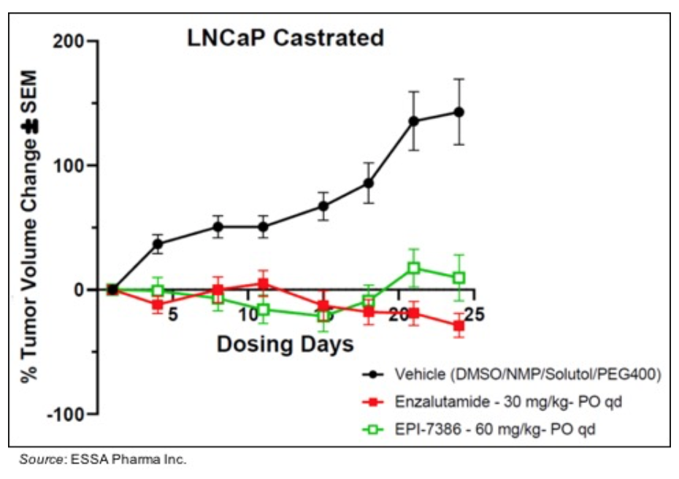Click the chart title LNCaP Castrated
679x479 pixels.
click(x=283, y=37)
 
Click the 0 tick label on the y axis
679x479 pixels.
click(x=83, y=290)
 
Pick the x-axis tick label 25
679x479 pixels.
click(x=472, y=315)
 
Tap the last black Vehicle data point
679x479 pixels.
click(x=459, y=112)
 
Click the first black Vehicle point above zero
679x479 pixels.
click(x=158, y=244)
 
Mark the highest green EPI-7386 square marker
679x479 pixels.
click(x=414, y=268)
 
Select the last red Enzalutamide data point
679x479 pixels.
click(x=459, y=325)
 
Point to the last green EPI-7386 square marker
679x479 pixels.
click(x=459, y=277)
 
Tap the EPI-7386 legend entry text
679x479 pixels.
click(x=495, y=429)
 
